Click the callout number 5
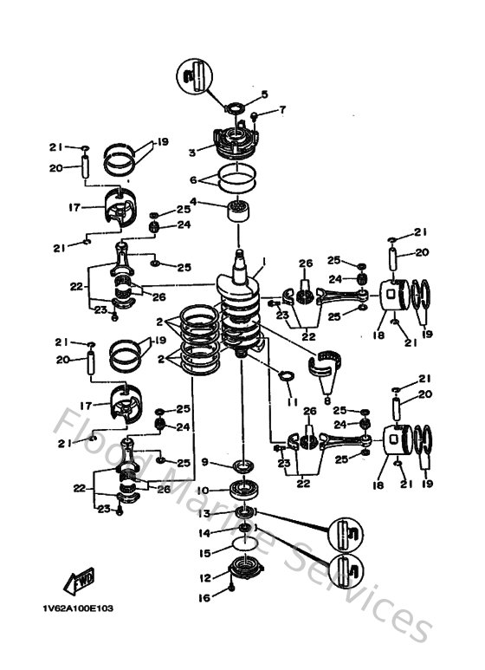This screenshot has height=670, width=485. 265,94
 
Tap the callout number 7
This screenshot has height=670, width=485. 282,111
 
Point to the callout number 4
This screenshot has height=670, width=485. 193,202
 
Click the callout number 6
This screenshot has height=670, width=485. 193,182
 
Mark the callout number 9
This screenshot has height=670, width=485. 204,463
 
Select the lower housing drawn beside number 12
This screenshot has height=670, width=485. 242,570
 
